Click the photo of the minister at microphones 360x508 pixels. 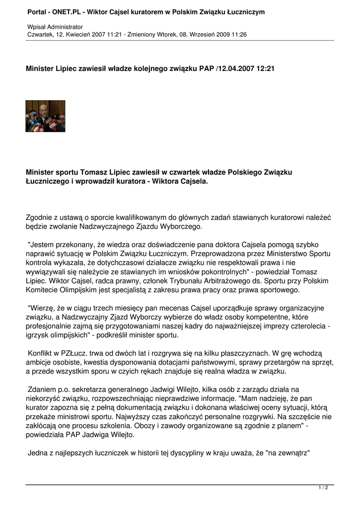click(x=45, y=116)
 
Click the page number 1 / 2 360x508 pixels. click(x=323, y=488)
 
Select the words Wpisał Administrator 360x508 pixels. click(x=55, y=26)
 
